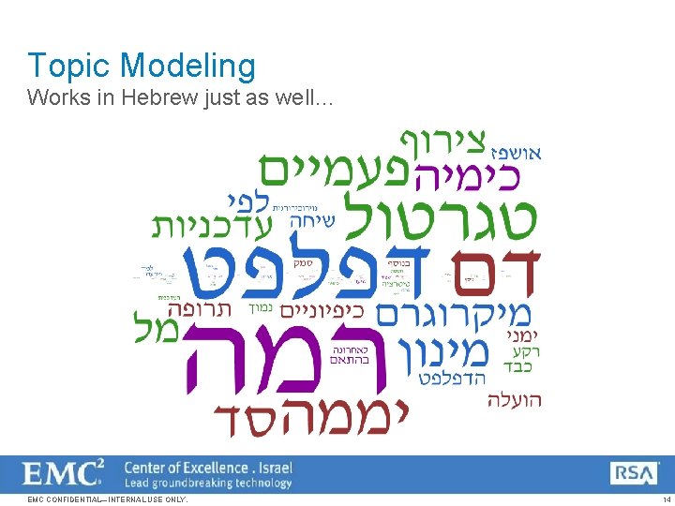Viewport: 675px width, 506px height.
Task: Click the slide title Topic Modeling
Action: [x=142, y=66]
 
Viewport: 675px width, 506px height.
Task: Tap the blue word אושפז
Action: [x=516, y=152]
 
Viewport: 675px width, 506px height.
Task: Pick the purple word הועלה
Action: [x=514, y=400]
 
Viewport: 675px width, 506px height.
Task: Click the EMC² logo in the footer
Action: [x=64, y=471]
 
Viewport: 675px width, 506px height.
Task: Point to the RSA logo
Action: [x=635, y=473]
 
